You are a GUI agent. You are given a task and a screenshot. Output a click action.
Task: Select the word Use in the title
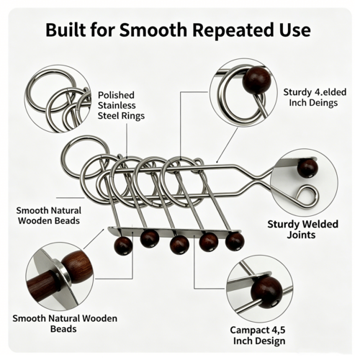[293, 30]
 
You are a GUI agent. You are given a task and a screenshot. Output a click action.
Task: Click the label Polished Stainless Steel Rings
[121, 105]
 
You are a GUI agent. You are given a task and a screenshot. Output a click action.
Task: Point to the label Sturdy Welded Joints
[302, 229]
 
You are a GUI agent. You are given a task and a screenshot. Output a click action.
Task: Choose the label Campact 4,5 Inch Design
[258, 336]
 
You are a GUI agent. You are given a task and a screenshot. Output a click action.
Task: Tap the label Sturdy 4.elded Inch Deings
[315, 97]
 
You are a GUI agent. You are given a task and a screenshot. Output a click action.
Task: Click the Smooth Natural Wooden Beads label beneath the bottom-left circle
[65, 323]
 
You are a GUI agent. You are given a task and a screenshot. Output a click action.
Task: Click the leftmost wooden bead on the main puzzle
[123, 246]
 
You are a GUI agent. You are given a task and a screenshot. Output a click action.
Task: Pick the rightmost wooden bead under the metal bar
[235, 241]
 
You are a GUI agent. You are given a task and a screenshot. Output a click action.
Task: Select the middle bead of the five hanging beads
[179, 245]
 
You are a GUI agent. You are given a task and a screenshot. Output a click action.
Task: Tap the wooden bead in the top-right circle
[257, 81]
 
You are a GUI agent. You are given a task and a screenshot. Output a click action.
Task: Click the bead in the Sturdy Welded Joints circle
[307, 168]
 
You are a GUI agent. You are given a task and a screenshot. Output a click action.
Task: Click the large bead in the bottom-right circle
[266, 292]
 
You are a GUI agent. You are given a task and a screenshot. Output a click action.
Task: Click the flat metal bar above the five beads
[174, 232]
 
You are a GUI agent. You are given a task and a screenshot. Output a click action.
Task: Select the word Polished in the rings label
[116, 95]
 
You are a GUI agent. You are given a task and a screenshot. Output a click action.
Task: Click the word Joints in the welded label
[301, 235]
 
